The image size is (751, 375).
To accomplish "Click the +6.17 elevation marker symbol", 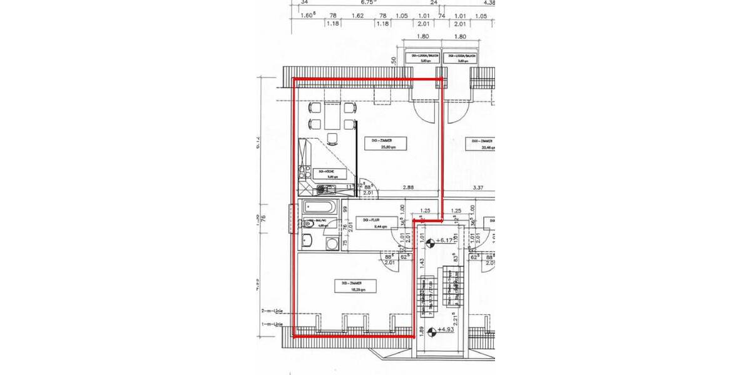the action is tap(431, 239).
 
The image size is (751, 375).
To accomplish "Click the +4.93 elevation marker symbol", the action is tap(431, 330).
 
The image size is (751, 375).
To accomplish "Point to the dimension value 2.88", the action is tap(409, 187).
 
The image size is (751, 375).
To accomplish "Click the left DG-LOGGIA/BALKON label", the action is tap(422, 59).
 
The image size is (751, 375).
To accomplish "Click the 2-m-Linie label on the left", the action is tap(273, 311).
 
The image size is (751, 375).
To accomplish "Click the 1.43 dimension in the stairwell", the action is tap(423, 263).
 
